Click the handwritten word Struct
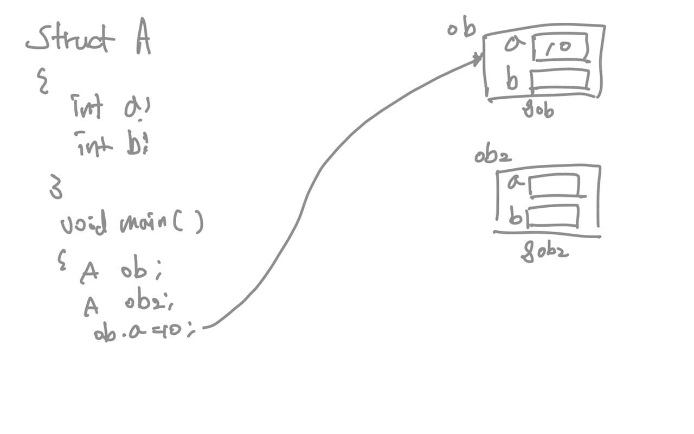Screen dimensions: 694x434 click(70, 40)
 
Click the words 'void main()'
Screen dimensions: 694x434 click(131, 222)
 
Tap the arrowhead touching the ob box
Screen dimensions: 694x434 click(478, 59)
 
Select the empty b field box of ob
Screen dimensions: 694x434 click(560, 79)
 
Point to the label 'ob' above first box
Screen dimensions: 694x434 click(461, 30)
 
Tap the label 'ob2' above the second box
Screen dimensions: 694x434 click(492, 156)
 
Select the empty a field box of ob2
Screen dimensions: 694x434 click(554, 186)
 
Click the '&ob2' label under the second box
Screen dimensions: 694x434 click(544, 252)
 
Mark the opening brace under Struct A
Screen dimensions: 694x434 click(42, 84)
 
